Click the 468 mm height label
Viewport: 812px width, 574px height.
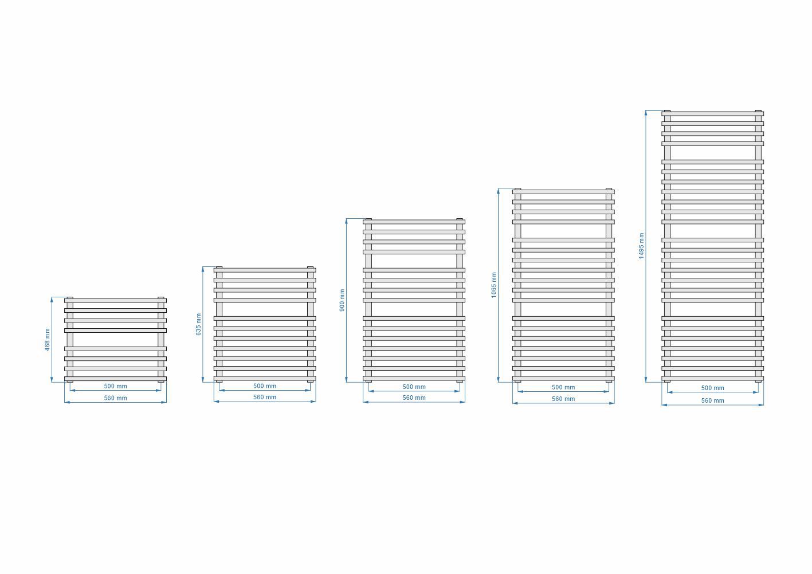coord(47,340)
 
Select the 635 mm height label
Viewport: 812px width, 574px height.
coord(198,324)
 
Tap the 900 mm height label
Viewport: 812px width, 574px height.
coord(342,300)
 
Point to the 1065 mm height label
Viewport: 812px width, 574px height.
coord(494,285)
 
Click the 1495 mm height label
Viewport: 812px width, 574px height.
coord(641,246)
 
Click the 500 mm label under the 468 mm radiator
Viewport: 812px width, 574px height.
coord(115,386)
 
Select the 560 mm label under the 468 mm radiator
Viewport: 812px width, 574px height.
coord(115,398)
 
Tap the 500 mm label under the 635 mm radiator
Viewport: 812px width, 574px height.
coord(265,386)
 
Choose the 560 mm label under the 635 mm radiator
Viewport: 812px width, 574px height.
coord(265,397)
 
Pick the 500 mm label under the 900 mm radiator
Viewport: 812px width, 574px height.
coord(414,387)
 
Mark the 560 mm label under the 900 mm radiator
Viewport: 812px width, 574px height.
coord(414,398)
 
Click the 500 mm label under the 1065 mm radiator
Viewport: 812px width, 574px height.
coord(563,387)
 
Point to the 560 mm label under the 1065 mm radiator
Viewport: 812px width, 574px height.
coord(563,399)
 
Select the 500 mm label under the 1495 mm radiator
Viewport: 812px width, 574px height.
coord(713,388)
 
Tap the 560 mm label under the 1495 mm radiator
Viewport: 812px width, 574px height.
coord(713,400)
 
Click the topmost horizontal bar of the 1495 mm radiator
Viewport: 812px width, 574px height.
coord(713,113)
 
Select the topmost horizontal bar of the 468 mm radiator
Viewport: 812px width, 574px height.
coord(115,300)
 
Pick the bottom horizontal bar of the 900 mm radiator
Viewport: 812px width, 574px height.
coord(414,378)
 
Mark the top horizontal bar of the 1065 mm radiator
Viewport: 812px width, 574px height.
coord(563,192)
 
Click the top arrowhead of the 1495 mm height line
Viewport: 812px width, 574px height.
coord(646,113)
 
